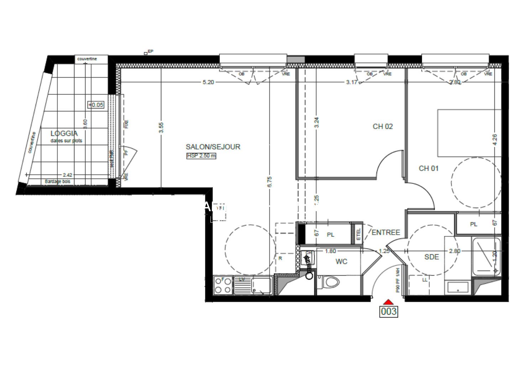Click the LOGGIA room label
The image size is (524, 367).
click(x=64, y=134)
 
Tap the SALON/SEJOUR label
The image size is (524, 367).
click(x=213, y=147)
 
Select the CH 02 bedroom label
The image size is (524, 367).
click(x=383, y=126)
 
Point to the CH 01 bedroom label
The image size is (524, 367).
click(x=429, y=168)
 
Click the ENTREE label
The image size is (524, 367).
click(x=386, y=232)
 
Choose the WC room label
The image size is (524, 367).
click(x=341, y=262)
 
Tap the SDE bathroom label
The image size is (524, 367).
click(x=431, y=257)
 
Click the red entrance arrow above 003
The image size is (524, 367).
click(x=388, y=302)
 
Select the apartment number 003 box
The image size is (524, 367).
click(x=388, y=312)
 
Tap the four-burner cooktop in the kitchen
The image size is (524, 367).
click(x=223, y=285)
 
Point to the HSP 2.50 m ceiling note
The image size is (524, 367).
click(x=201, y=156)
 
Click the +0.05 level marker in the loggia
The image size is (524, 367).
click(x=96, y=105)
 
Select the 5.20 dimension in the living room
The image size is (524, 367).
click(x=208, y=82)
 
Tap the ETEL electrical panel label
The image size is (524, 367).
click(x=358, y=234)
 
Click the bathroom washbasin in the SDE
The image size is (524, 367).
click(x=458, y=287)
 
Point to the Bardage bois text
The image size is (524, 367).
click(x=57, y=182)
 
